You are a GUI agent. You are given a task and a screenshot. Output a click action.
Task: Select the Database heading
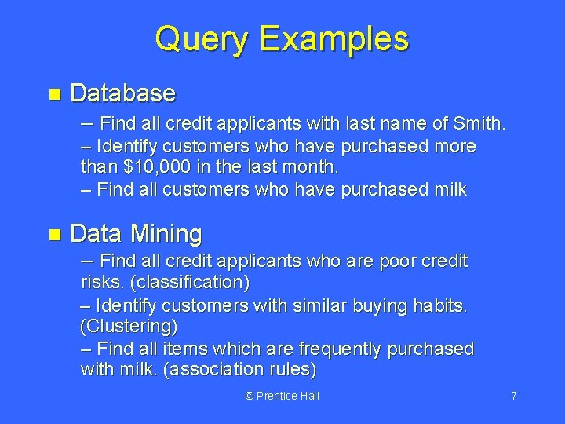tap(122, 93)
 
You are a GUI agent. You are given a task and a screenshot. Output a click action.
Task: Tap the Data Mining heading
tap(136, 233)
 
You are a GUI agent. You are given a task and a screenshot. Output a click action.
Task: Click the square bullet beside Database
tap(53, 94)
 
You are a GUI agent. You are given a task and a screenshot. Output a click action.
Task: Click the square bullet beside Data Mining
tap(53, 234)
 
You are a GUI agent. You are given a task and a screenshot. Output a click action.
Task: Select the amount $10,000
tap(151, 167)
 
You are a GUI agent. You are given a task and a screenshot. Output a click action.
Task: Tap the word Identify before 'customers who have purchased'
tap(128, 147)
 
